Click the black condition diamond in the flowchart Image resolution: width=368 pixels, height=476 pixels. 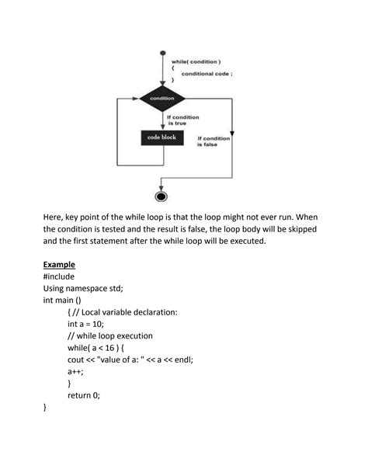(x=162, y=99)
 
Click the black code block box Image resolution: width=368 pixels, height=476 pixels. (x=162, y=137)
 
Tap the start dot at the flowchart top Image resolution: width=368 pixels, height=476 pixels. (x=162, y=54)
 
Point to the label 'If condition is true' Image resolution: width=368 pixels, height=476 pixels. (x=183, y=120)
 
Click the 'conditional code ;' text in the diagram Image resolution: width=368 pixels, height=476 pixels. (x=207, y=73)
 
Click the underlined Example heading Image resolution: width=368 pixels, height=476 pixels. (x=59, y=264)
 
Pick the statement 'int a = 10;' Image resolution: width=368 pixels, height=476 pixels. (x=91, y=324)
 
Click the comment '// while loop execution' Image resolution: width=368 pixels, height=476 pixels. (x=110, y=335)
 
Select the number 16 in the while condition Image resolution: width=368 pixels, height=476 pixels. (x=118, y=348)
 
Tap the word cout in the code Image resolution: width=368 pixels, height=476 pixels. (x=78, y=360)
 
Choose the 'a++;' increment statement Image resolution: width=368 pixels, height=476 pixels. (x=78, y=371)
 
